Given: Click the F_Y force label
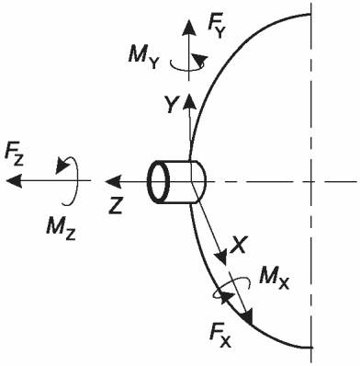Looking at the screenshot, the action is coord(217,27).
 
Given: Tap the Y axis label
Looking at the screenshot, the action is coord(171,104).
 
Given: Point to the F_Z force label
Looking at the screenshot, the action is coord(14,156).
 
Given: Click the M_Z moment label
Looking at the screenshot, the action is coord(61,228).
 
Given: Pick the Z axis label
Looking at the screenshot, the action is coord(116,205).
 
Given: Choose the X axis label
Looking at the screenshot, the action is coord(238,245).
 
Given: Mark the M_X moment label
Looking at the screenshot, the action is coord(274,278).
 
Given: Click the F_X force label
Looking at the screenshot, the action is coord(220,337).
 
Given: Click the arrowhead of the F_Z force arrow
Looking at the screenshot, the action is coord(14,180).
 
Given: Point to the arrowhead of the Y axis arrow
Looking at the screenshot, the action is coord(189,102).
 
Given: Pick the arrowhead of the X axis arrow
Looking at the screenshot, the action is coord(221,257).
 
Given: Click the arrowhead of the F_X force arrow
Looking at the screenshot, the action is coord(247,316).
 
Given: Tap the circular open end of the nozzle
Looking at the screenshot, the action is coord(159,182).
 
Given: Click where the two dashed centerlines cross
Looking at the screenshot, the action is coord(311,181).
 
